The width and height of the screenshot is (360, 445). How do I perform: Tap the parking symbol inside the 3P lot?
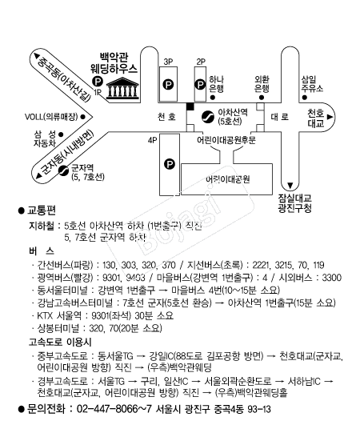point(168,82)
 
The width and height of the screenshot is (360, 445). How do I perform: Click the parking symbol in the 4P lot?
point(170,164)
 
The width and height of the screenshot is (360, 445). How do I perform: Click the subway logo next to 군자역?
point(63,168)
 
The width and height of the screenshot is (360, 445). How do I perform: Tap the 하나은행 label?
point(216,84)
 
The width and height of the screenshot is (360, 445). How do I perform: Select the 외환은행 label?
point(262,84)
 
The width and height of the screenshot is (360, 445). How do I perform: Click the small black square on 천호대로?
point(190,106)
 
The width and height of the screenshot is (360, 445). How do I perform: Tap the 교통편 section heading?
point(42,210)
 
